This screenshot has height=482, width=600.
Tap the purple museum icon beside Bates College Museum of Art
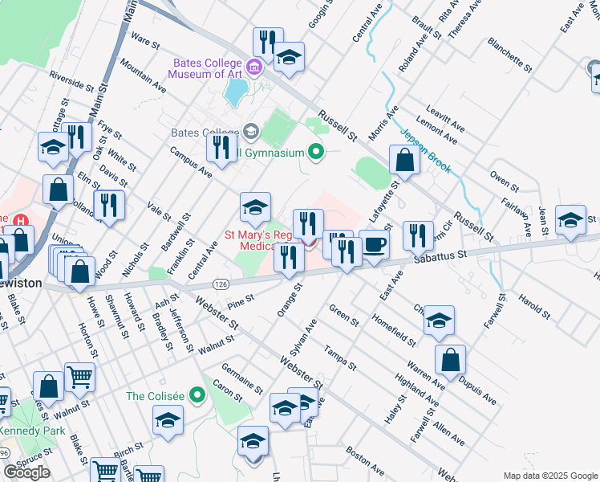coord(255,66)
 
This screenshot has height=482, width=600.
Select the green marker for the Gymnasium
coord(316,151)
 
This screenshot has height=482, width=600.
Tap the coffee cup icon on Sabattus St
coord(373,246)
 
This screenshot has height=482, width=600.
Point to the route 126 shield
coord(221,284)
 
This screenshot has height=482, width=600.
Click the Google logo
coord(26,472)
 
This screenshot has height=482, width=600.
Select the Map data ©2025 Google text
coord(549,476)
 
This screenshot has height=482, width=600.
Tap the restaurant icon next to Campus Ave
coord(220,146)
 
